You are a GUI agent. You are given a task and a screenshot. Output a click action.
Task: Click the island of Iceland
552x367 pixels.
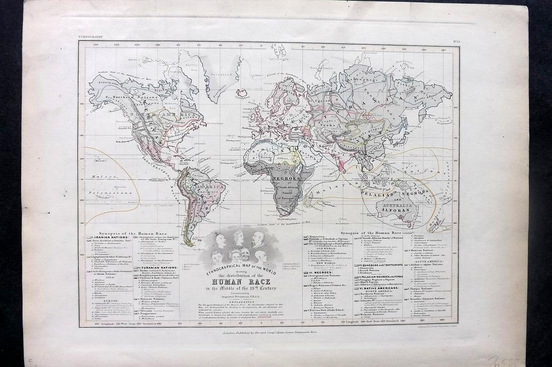point(243,94)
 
